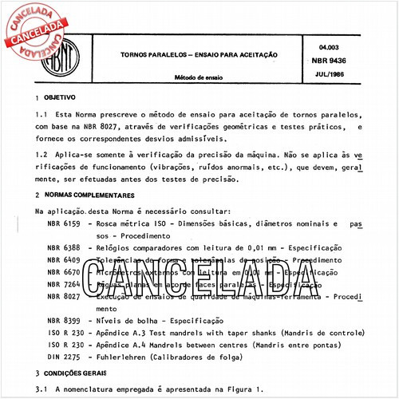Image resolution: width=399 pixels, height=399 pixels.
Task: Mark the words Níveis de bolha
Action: pos(129,319)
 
